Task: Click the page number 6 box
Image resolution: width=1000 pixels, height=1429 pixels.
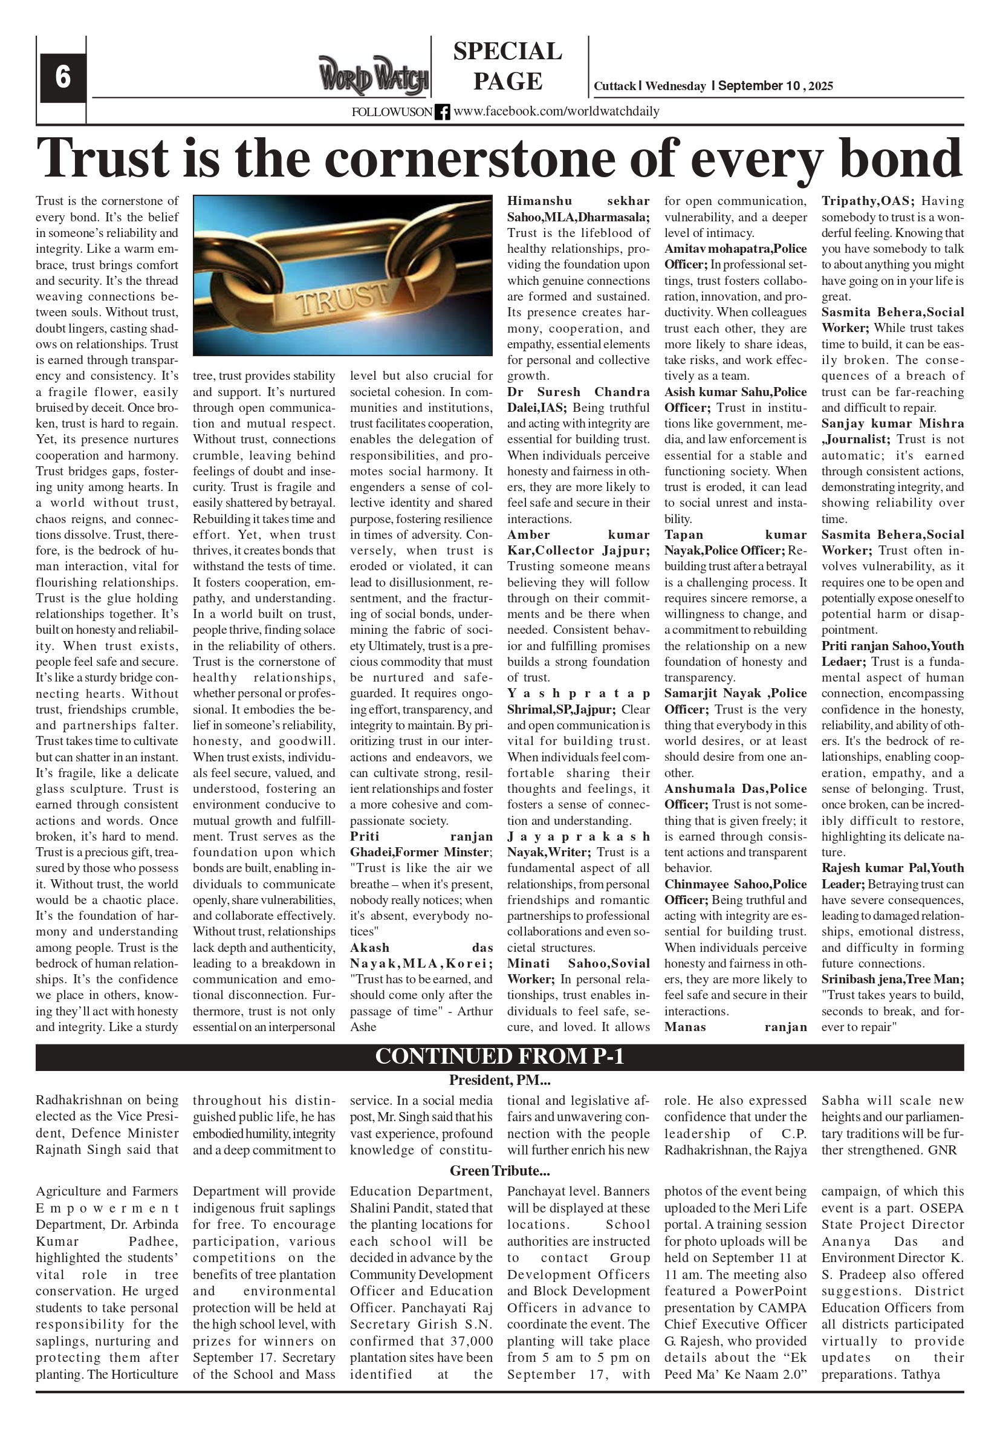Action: tap(62, 77)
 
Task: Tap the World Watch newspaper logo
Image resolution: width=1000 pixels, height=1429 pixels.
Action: tap(374, 75)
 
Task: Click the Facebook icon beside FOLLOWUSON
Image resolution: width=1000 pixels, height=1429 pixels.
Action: tap(442, 112)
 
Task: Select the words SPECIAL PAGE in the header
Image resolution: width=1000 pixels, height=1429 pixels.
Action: tap(507, 66)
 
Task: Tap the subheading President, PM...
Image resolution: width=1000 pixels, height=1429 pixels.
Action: tap(499, 1080)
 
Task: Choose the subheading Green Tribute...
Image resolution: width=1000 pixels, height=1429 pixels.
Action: tap(499, 1170)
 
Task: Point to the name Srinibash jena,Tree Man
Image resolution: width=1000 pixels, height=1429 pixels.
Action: tap(892, 980)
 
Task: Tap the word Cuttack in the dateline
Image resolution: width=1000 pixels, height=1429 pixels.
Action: tap(614, 86)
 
